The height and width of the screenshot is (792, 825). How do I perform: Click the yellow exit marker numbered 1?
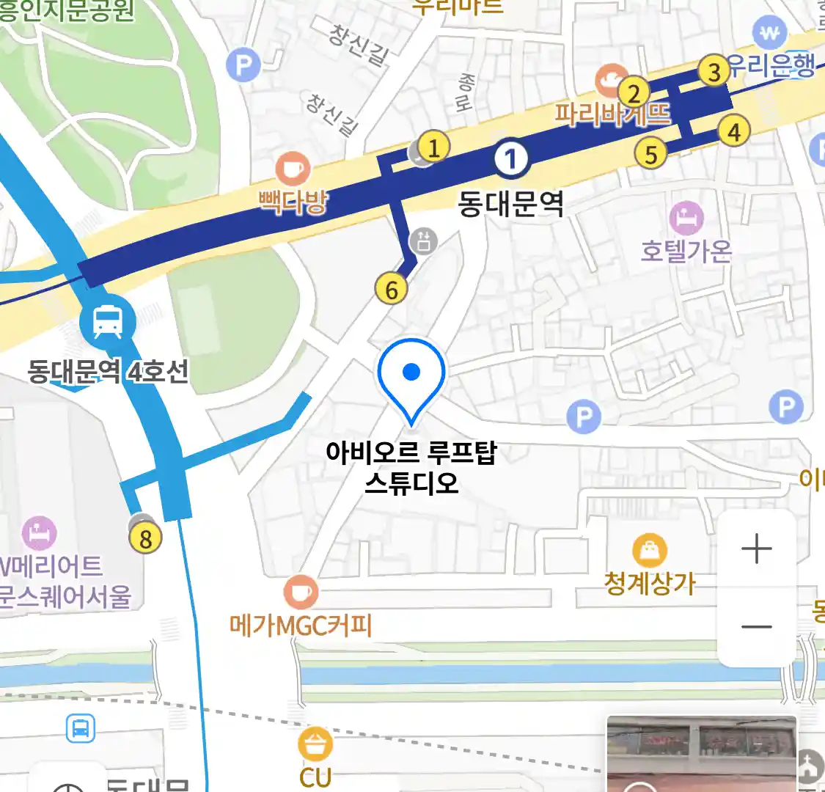(433, 147)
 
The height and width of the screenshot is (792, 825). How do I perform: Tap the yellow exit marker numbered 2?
(634, 93)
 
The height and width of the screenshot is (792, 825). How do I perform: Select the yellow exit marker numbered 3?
(714, 71)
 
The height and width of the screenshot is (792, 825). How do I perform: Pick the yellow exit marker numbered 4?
(734, 131)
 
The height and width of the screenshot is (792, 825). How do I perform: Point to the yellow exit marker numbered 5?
(651, 154)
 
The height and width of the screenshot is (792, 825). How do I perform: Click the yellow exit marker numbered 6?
(392, 290)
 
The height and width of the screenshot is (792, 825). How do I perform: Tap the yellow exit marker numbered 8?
(145, 539)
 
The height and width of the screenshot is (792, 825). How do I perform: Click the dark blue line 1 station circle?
(511, 159)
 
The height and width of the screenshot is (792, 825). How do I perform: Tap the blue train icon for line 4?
(108, 322)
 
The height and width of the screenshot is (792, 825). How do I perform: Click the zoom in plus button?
(756, 549)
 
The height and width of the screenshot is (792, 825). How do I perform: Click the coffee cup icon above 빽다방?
(293, 169)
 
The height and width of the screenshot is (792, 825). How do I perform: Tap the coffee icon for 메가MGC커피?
(301, 591)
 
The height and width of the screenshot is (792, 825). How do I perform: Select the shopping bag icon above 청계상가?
(650, 550)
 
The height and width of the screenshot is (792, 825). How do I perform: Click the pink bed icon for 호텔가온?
(687, 219)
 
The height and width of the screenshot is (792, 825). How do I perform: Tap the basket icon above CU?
(315, 744)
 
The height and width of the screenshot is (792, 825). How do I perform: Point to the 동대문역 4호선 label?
(108, 371)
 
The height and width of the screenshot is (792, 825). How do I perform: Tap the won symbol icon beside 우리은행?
(770, 33)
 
